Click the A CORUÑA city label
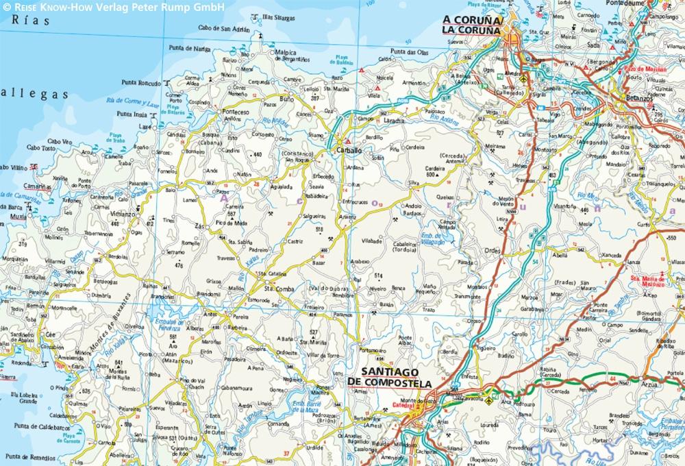(473, 20)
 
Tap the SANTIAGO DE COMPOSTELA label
(390, 377)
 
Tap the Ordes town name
(493, 250)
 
